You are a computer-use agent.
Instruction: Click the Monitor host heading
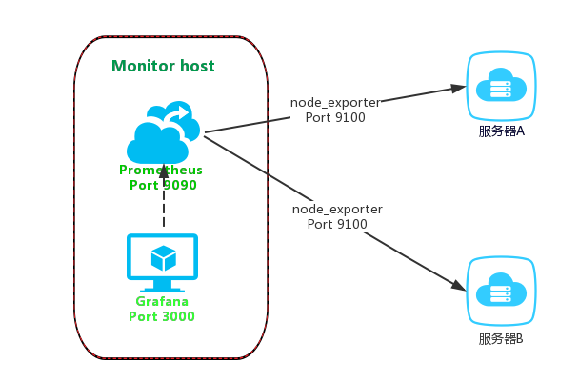pos(163,67)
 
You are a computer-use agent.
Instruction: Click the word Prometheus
pos(160,170)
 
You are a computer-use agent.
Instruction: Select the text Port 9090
pos(163,185)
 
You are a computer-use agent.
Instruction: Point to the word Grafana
pos(162,301)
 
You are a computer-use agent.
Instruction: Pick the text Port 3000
pos(162,316)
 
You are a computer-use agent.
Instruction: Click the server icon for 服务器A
pos(501,87)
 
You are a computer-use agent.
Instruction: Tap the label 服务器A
pos(501,131)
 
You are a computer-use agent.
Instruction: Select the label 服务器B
pos(501,338)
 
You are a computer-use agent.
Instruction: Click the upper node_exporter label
pos(335,103)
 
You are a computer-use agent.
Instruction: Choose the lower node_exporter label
pos(337,209)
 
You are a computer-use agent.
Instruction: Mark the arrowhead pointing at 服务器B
pos(458,284)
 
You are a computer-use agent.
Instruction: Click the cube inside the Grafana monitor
pos(163,257)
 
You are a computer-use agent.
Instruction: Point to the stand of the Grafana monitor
pos(163,286)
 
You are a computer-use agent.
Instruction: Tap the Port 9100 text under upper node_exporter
pos(335,118)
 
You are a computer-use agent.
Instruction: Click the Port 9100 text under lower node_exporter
pos(337,224)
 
